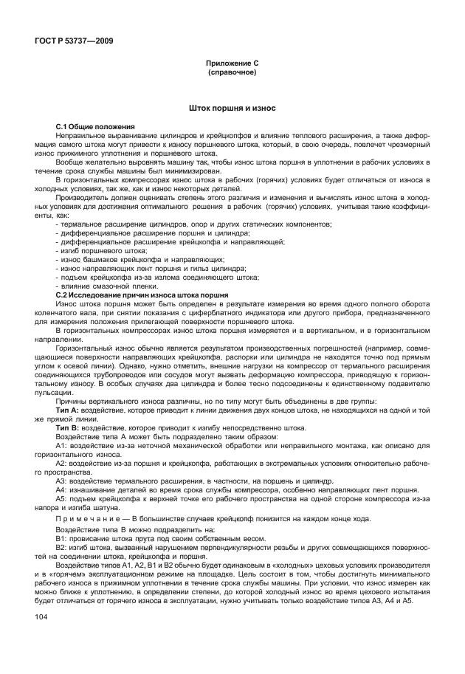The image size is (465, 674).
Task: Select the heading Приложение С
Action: (x=232, y=65)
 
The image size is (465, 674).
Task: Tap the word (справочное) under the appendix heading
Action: (x=232, y=74)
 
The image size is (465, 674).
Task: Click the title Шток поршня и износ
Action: (x=232, y=109)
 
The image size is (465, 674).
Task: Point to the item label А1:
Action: (x=64, y=444)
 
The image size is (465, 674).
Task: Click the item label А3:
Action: (x=64, y=479)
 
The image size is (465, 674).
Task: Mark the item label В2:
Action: (x=64, y=549)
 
